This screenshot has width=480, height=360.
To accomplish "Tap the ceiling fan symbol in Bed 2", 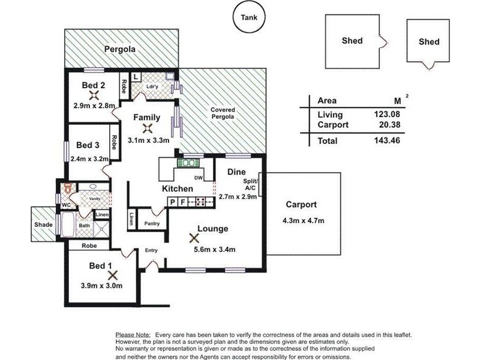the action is (94, 95).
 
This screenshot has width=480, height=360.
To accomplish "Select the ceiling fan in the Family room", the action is (148, 128).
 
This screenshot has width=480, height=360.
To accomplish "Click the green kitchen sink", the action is (188, 163).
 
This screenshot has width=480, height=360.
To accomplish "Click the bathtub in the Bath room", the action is (68, 224).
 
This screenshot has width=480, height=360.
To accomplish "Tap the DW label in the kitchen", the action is (199, 178).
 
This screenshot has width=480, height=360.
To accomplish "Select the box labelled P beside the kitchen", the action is (173, 202).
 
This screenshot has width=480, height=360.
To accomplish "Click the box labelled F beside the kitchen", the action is (182, 202).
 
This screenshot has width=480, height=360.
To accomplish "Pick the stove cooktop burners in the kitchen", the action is (201, 202).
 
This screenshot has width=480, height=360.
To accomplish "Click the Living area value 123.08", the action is (387, 114).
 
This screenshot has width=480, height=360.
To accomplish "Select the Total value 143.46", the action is (387, 140).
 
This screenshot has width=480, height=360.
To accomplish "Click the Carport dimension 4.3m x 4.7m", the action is (304, 220).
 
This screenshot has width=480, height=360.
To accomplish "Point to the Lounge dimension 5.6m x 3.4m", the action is (215, 250).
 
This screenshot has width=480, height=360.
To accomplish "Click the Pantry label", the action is (152, 224).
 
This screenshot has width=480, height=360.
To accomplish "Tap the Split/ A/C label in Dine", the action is (251, 184).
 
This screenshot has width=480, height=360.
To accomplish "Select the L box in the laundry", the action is (136, 77).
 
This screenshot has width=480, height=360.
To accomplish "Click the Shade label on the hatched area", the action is (43, 224).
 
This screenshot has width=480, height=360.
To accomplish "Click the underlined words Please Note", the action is (133, 335).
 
